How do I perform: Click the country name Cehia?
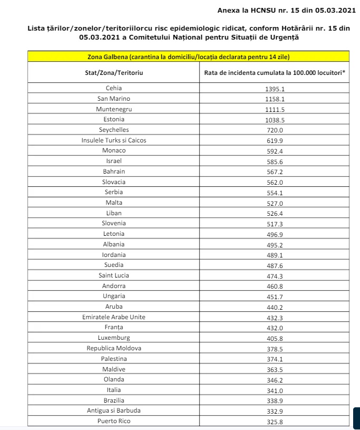(114, 89)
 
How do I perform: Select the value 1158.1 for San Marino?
(275, 99)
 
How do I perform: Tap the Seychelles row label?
(114, 130)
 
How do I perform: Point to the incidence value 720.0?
(275, 130)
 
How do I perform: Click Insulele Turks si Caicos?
(114, 140)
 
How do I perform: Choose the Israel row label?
(114, 161)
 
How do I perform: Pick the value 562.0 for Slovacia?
(275, 182)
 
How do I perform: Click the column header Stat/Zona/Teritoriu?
(114, 73)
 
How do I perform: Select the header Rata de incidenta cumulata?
(275, 73)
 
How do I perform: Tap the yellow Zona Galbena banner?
(188, 56)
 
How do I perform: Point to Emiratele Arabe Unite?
(114, 317)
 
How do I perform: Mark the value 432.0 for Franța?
(275, 328)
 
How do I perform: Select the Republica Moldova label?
(114, 348)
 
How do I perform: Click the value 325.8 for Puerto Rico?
(275, 421)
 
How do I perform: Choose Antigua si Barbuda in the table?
(114, 410)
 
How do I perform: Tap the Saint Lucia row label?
(114, 275)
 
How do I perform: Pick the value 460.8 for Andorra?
(275, 286)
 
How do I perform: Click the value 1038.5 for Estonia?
(275, 120)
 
